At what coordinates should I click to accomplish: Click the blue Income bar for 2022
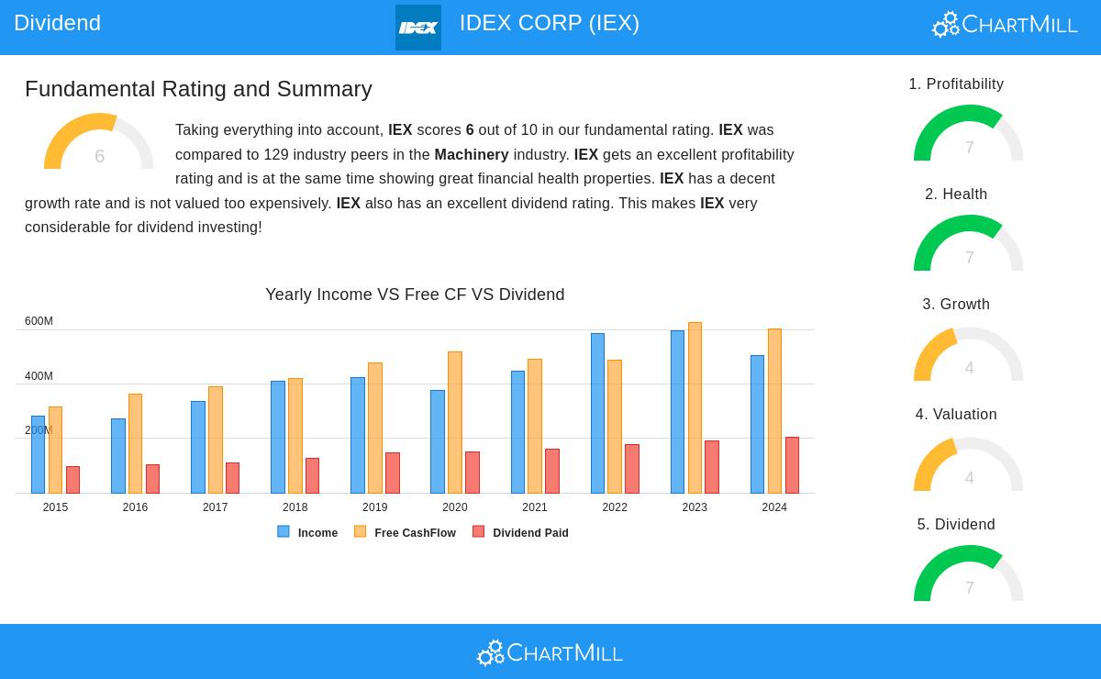point(597,413)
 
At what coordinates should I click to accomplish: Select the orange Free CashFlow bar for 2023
point(695,407)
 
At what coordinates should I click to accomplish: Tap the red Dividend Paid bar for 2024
point(792,465)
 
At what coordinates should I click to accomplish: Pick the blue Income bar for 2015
point(38,454)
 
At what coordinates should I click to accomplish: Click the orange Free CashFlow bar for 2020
point(455,422)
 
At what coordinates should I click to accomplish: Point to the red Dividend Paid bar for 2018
point(312,475)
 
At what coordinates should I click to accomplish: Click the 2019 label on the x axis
point(374,507)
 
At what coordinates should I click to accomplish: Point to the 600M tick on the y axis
point(39,321)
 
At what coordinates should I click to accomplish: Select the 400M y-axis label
point(39,376)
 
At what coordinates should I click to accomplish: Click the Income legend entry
point(308,532)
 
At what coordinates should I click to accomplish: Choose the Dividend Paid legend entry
point(521,532)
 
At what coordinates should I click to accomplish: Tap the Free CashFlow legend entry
point(406,532)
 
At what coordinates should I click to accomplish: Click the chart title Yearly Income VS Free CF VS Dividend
point(415,295)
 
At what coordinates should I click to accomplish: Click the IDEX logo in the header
point(418,28)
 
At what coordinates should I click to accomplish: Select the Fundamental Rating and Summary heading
point(198,89)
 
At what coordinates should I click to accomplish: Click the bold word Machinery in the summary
point(472,154)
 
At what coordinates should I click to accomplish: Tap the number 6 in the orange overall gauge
point(99,156)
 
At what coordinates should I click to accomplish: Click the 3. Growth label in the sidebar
point(956,304)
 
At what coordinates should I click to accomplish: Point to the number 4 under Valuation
point(969,478)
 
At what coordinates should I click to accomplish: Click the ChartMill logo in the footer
point(550,652)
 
